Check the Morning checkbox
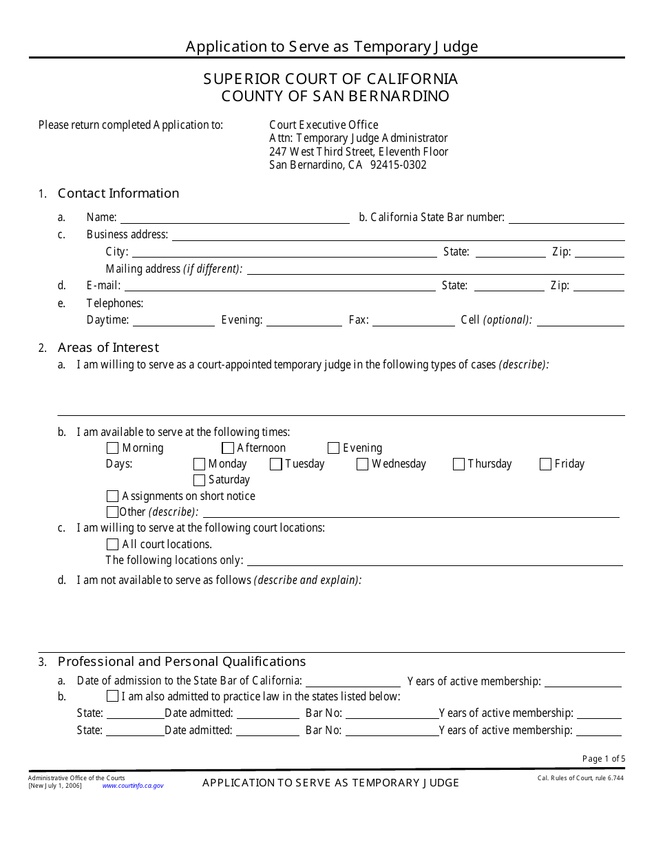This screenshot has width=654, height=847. (x=113, y=448)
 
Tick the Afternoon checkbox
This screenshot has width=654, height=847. (x=228, y=448)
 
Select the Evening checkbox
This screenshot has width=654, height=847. (x=333, y=448)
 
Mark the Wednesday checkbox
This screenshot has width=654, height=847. (x=362, y=464)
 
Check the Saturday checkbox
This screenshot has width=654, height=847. (x=199, y=480)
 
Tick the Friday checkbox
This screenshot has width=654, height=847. (x=545, y=464)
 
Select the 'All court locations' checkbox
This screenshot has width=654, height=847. (x=113, y=545)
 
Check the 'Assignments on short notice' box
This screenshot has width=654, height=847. (x=113, y=496)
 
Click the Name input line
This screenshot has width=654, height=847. (x=235, y=218)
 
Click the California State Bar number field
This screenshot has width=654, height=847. (x=566, y=218)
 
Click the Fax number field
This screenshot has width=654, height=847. (x=413, y=320)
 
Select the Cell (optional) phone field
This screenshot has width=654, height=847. (x=580, y=320)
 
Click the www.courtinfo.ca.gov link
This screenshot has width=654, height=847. (x=133, y=786)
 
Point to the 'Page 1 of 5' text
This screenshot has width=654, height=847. (x=604, y=759)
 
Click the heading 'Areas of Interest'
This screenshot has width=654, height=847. (x=108, y=348)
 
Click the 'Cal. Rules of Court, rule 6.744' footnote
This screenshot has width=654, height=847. (x=580, y=778)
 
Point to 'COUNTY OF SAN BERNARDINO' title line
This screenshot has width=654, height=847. (x=335, y=96)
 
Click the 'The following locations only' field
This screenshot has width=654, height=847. (x=434, y=561)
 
